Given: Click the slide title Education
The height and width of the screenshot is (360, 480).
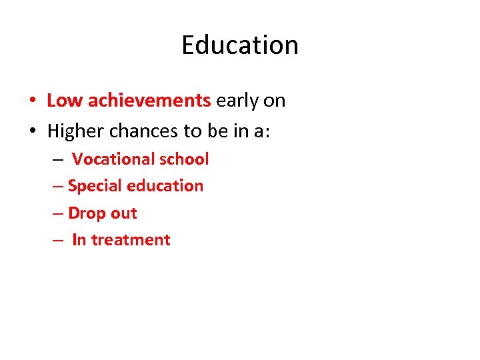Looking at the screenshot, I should click(240, 45).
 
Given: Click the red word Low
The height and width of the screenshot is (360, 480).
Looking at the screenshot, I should click(65, 101).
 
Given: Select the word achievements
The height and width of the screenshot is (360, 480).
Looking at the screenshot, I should click(149, 101).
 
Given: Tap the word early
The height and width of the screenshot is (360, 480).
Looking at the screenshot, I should click(237, 101).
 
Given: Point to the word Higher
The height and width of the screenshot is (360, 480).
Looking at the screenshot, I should click(77, 131).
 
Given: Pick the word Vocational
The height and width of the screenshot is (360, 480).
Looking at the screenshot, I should click(113, 159).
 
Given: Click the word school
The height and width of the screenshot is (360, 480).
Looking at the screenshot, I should click(184, 159).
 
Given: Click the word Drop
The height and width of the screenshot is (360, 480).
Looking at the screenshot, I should click(83, 213).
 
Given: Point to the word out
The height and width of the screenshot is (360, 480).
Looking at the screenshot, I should click(123, 213).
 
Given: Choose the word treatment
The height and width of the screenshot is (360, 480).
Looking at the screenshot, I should click(131, 240).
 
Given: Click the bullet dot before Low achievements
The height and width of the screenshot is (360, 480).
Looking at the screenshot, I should click(32, 101).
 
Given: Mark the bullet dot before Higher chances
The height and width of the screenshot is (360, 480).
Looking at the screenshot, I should click(32, 131).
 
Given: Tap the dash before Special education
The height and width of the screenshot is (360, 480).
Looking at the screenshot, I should click(57, 187).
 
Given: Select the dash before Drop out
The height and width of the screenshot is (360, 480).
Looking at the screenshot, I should click(57, 214).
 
